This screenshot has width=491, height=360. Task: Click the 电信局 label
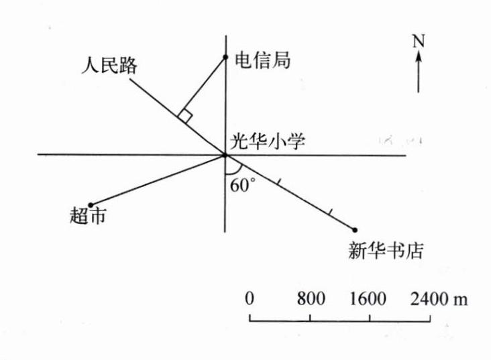click(x=262, y=60)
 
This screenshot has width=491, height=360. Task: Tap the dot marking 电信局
click(x=226, y=56)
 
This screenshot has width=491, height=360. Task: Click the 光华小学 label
click(x=268, y=141)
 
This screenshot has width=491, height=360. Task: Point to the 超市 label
click(x=87, y=216)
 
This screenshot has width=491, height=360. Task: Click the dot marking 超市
click(x=91, y=204)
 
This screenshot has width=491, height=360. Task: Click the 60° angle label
click(x=241, y=185)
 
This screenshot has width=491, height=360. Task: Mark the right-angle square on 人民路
click(x=186, y=116)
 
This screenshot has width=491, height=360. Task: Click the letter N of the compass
click(x=419, y=42)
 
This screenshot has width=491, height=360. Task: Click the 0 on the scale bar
click(x=250, y=298)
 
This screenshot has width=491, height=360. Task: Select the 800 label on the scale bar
click(x=311, y=298)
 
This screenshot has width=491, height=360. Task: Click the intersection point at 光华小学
click(x=225, y=156)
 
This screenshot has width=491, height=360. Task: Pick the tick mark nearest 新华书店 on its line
click(x=329, y=213)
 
